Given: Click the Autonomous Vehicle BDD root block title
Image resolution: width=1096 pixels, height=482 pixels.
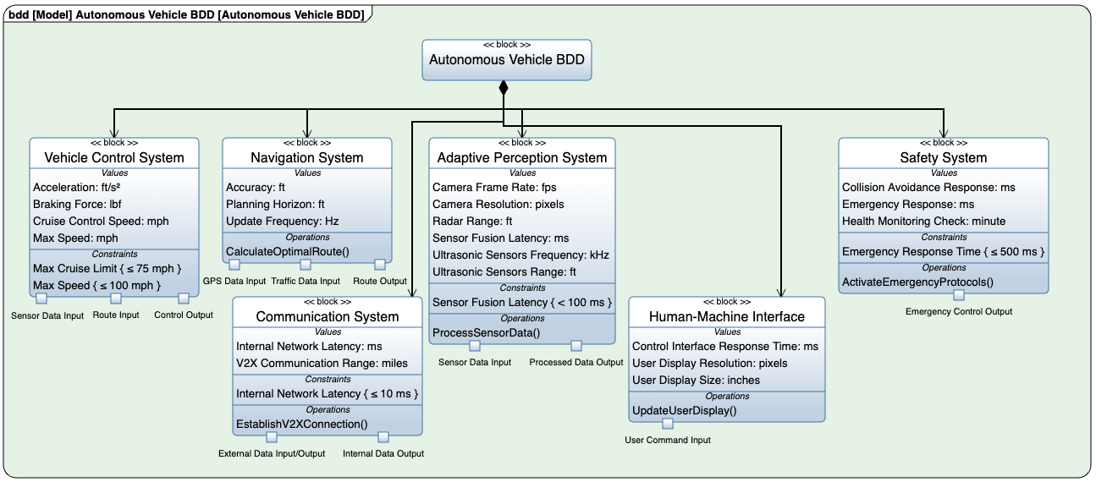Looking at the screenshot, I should click(506, 60).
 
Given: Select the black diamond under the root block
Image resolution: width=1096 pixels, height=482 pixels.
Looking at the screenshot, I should click(504, 87).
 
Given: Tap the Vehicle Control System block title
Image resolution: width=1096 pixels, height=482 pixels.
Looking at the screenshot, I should click(114, 157).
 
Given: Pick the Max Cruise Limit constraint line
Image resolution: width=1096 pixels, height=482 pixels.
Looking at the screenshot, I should click(107, 268).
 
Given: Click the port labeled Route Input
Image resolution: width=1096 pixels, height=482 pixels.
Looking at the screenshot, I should click(116, 299).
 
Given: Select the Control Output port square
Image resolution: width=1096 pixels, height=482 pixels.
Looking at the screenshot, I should click(184, 299).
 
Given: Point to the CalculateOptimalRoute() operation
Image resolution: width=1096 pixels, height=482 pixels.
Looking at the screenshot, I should click(277, 251).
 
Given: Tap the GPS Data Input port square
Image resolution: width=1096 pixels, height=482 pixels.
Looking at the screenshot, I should click(234, 265).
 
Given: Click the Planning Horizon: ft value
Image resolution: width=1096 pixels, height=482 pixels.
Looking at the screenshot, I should click(275, 204).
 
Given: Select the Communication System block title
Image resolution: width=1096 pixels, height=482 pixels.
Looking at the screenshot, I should click(328, 316).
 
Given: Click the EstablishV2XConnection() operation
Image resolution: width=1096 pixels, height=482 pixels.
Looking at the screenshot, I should click(301, 424).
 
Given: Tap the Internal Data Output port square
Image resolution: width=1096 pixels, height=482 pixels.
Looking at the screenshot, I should click(383, 437).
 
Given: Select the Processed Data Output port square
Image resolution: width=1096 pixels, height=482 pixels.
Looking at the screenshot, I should click(576, 346).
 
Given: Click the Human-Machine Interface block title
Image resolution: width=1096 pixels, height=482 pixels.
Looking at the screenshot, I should click(727, 316).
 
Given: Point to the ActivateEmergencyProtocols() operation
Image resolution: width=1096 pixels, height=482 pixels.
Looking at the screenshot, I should click(918, 282).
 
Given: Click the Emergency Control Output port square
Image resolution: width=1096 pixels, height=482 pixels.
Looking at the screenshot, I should click(959, 295).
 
